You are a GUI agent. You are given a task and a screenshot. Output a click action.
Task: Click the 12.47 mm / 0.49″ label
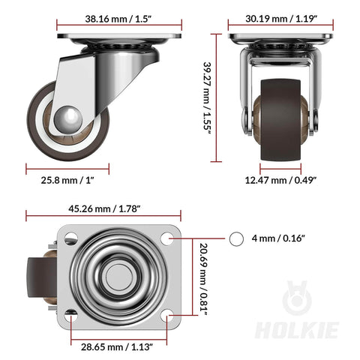click(282, 180)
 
